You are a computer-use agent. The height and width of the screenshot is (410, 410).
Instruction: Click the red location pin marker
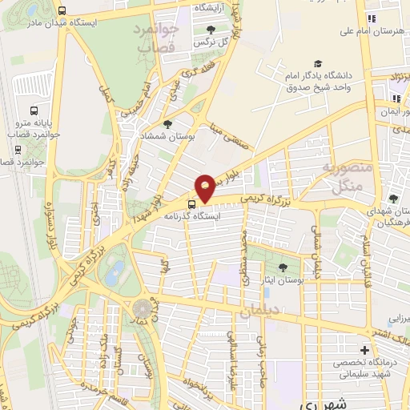(x=206, y=187)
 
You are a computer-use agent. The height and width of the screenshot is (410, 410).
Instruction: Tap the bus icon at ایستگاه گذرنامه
(x=191, y=203)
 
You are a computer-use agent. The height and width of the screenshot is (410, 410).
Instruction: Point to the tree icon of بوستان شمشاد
(x=167, y=124)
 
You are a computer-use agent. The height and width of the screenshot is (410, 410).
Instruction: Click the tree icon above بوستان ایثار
(x=282, y=267)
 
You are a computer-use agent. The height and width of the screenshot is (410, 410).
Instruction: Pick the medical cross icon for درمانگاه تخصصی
(x=365, y=350)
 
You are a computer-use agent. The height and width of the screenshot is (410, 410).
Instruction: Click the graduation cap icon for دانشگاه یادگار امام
(x=319, y=63)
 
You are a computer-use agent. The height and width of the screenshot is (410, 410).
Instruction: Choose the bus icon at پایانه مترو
(x=34, y=111)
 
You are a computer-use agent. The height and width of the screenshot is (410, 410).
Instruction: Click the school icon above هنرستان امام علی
(x=370, y=18)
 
